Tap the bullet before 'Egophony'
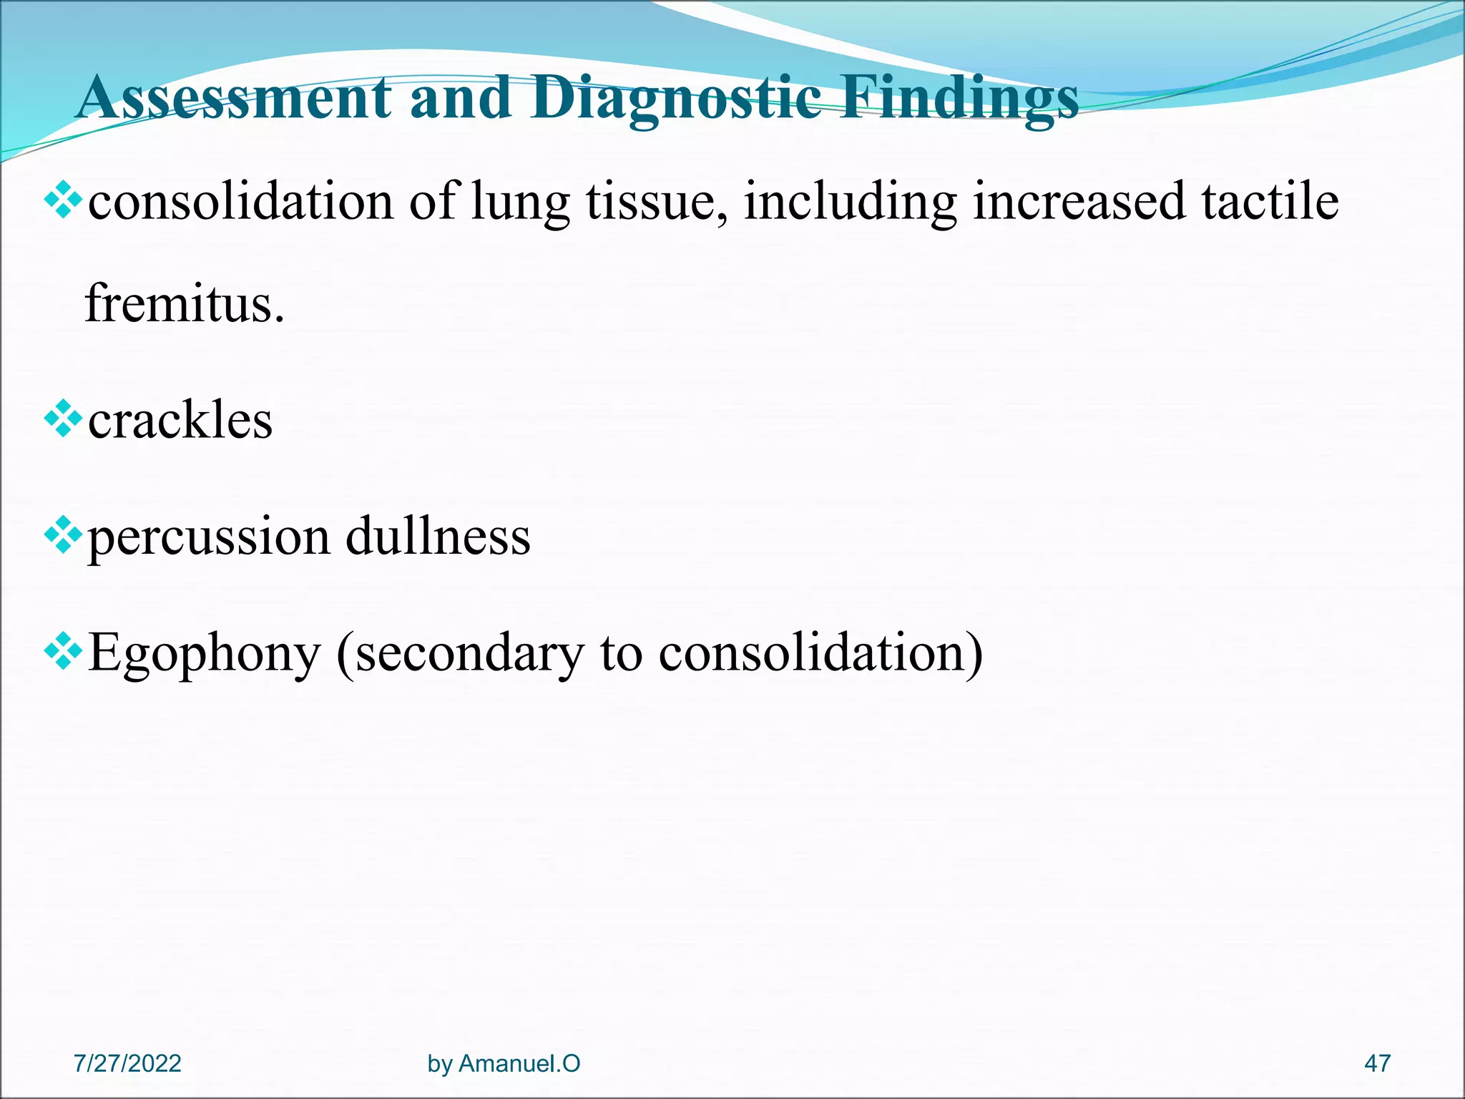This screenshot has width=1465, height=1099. point(63,652)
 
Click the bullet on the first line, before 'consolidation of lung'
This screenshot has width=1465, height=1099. point(63,200)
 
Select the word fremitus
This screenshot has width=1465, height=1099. point(184,303)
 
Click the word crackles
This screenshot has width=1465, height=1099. point(180,420)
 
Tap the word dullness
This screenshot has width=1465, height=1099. point(438,536)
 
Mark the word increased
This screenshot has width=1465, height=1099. point(1079,200)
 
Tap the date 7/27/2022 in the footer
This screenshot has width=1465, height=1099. point(127,1063)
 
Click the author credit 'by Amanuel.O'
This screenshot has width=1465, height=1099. point(504,1063)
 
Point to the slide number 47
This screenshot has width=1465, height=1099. point(1377,1063)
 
